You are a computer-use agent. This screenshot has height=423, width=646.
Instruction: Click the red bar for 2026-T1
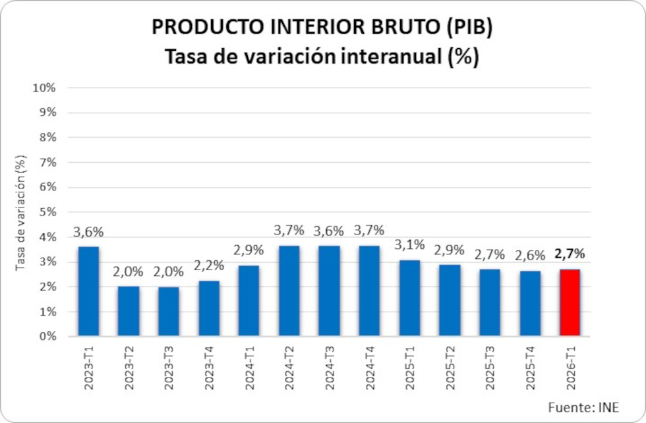point(570,302)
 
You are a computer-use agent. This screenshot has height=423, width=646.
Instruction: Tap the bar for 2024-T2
point(289,291)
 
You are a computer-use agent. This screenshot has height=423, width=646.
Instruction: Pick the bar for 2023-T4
point(208,308)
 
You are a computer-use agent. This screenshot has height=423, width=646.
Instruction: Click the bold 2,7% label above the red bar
point(570,254)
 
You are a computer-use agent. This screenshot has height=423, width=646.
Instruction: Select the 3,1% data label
point(409,245)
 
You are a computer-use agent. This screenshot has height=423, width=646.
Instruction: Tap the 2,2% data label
point(208,266)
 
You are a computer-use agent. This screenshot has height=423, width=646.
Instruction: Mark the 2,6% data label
point(530,256)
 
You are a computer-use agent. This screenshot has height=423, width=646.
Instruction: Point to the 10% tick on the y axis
point(44,88)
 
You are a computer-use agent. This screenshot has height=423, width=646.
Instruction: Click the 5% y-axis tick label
point(46,212)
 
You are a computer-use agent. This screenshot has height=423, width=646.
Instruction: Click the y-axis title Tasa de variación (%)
point(21,213)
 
